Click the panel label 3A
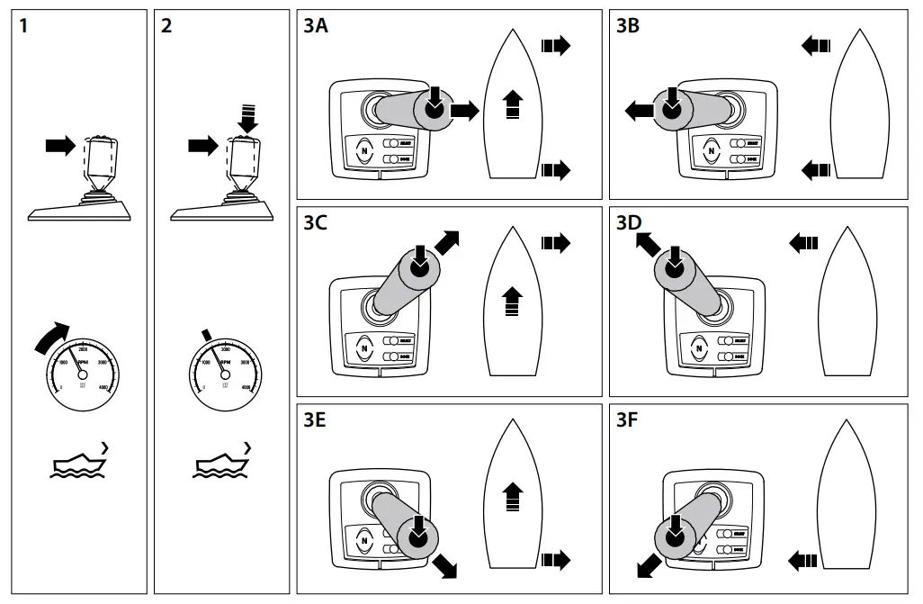(316, 26)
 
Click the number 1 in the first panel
(24, 26)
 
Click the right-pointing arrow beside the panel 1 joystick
(60, 145)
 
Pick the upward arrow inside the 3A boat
(512, 104)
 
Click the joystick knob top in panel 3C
(419, 265)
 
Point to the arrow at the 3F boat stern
(802, 561)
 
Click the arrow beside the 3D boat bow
(802, 241)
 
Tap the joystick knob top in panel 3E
(417, 536)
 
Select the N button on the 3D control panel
(700, 347)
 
